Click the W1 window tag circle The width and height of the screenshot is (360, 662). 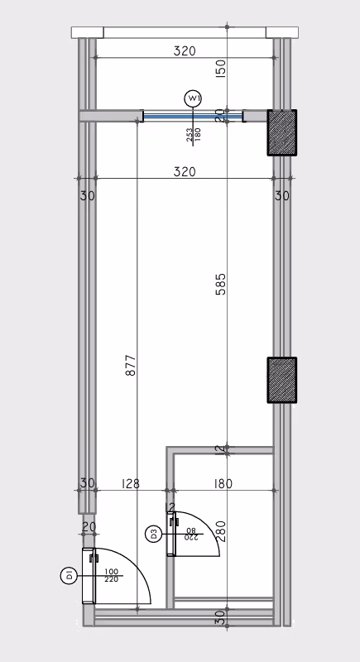pos(194,98)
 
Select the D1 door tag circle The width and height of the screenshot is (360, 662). pos(69,575)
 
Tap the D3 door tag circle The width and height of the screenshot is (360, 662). pos(153,535)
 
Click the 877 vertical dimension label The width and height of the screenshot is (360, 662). pos(132,366)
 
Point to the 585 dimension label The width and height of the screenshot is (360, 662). pos(221,284)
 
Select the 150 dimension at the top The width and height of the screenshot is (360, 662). pos(221,69)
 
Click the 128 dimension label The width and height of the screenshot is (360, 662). pos(131,483)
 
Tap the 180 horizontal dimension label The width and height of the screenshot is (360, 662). pos(223,483)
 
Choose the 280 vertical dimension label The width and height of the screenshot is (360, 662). pos(221,531)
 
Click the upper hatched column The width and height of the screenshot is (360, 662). pos(282,132)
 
